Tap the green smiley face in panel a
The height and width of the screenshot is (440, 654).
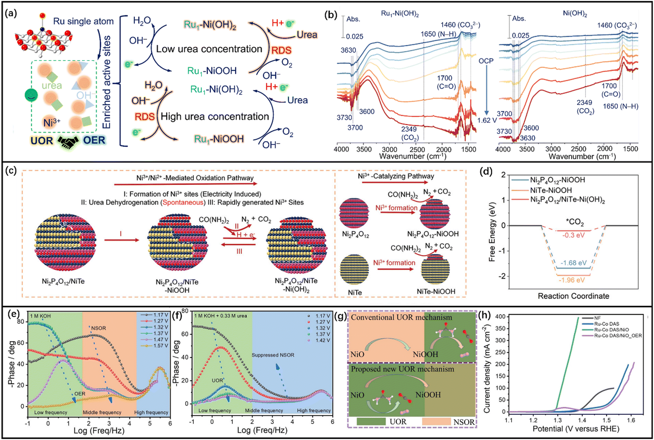[x=32, y=95]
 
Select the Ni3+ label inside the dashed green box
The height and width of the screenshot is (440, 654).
[x=52, y=123]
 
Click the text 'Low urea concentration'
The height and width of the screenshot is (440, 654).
[x=209, y=49]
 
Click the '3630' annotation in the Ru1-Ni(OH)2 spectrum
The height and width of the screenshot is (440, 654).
[x=348, y=50]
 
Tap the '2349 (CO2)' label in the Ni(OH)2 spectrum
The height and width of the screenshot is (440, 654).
[x=585, y=107]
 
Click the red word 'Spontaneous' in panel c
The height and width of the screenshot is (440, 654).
[x=183, y=202]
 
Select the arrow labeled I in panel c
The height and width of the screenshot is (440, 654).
[x=121, y=240]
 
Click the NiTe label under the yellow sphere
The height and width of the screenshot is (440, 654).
[x=354, y=293]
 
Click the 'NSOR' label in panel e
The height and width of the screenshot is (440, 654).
[x=98, y=328]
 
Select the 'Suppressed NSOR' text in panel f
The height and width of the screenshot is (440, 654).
[x=273, y=355]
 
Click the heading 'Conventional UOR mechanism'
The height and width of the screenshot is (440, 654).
[x=401, y=317]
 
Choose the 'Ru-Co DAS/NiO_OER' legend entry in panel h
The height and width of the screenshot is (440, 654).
[x=618, y=335]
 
